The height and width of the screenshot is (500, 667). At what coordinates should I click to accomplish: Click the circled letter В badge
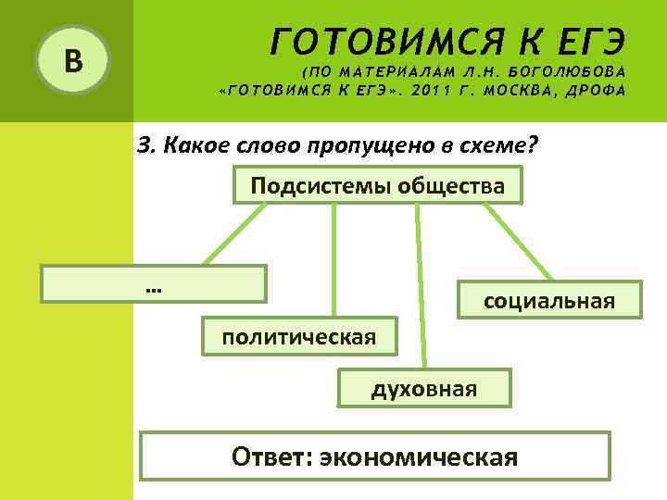pyautogui.click(x=72, y=62)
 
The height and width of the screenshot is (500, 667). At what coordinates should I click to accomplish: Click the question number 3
pyautogui.click(x=144, y=145)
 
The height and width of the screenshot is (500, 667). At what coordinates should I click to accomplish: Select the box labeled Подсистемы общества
pyautogui.click(x=378, y=186)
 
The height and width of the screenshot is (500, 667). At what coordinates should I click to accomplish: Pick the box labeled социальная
pyautogui.click(x=548, y=300)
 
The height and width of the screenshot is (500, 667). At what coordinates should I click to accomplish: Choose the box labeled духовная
pyautogui.click(x=424, y=388)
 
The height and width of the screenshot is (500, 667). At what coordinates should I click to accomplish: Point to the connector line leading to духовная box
pyautogui.click(x=422, y=287)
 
